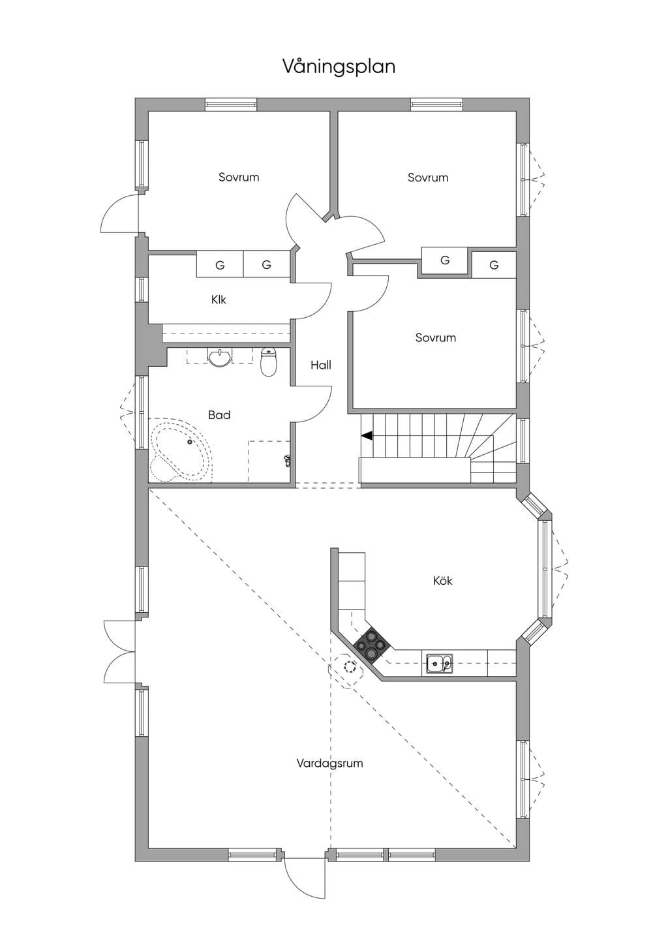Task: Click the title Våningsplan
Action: click(339, 67)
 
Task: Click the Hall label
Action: click(320, 365)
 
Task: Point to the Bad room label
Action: click(219, 415)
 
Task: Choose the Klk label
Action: click(219, 300)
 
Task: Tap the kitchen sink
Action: click(438, 665)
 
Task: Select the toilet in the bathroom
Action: click(268, 362)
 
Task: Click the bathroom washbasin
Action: click(220, 357)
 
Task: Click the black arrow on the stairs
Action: click(367, 436)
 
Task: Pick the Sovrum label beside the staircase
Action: click(435, 337)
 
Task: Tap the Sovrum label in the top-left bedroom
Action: click(239, 177)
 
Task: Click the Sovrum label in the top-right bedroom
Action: click(428, 178)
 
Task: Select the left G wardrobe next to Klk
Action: click(220, 264)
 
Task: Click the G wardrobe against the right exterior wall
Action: click(494, 264)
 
